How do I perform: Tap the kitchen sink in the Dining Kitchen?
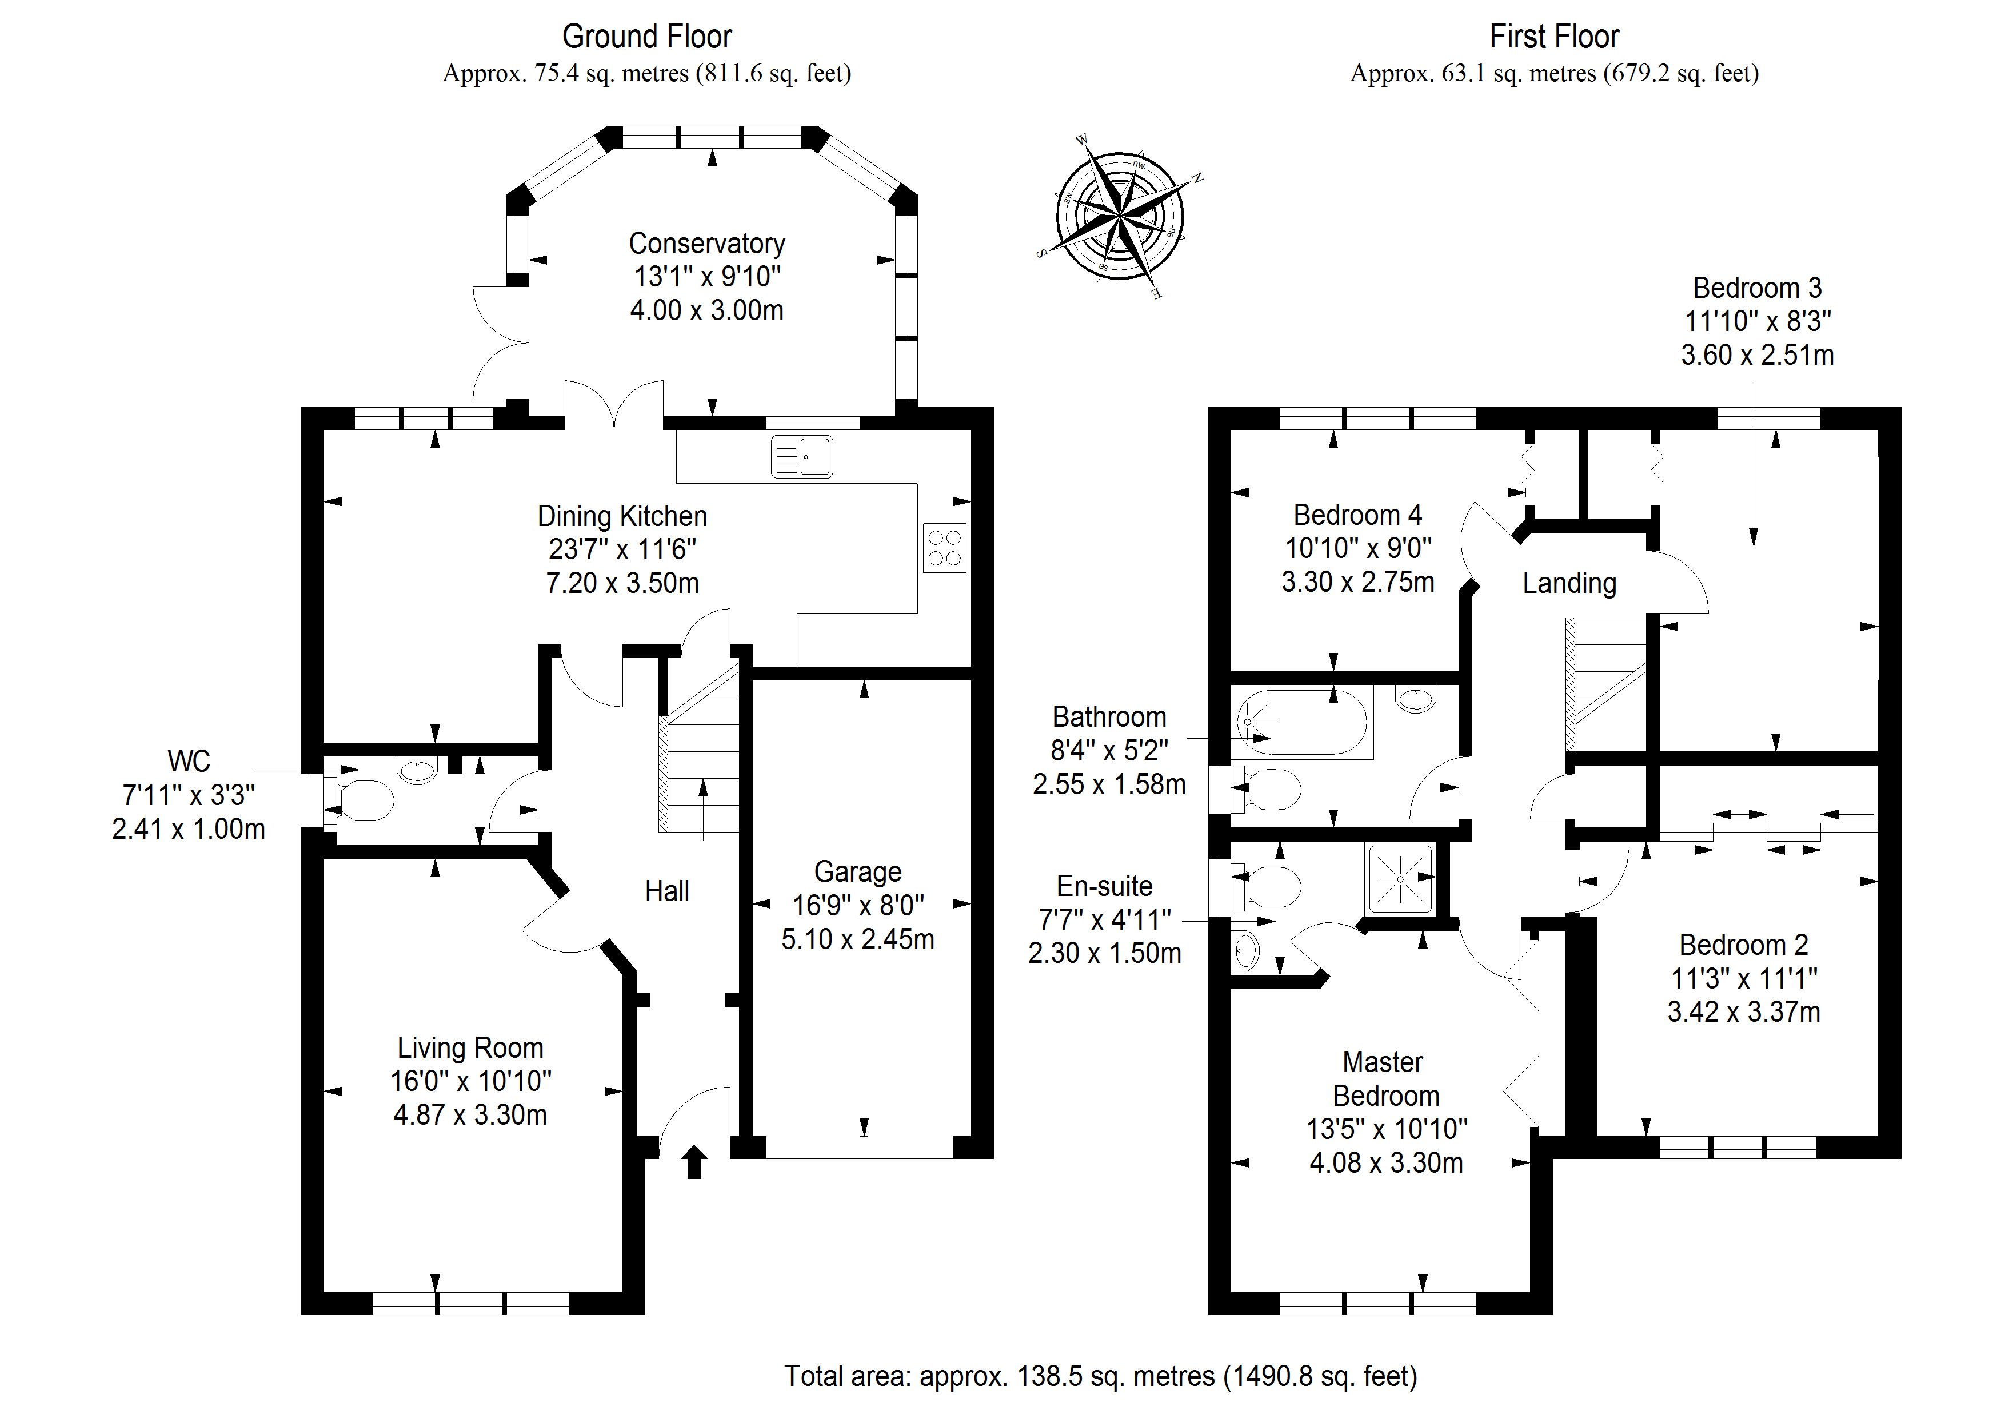[x=802, y=457]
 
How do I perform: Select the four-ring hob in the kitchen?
[x=945, y=548]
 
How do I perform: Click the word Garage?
[x=857, y=872]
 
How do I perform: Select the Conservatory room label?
[x=706, y=243]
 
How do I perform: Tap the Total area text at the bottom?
[x=1100, y=1376]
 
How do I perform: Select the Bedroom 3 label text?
[x=1757, y=288]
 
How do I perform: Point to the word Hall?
[x=666, y=891]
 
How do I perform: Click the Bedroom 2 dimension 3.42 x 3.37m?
[x=1743, y=1011]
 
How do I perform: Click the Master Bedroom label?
[x=1385, y=1079]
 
